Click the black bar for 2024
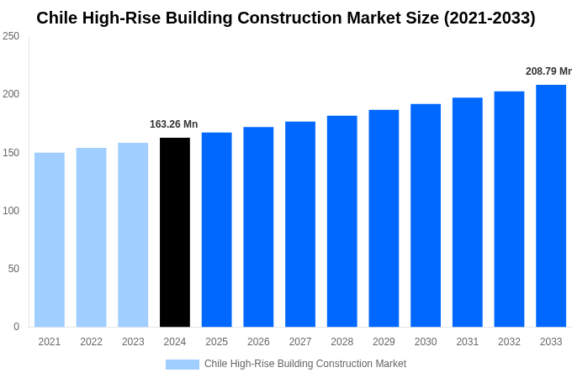174,232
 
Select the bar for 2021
50,239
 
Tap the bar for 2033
551,206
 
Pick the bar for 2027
300,224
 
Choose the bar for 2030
426,215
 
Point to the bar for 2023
133,234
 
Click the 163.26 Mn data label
173,124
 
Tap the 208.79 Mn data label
548,71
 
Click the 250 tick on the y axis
11,36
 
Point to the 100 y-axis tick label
11,211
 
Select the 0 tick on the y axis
16,327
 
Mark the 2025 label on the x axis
216,342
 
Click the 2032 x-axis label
509,342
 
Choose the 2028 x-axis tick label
342,342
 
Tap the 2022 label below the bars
91,342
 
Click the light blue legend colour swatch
183,365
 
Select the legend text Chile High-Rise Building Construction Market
305,364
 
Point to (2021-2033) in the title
490,18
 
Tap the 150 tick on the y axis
11,153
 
